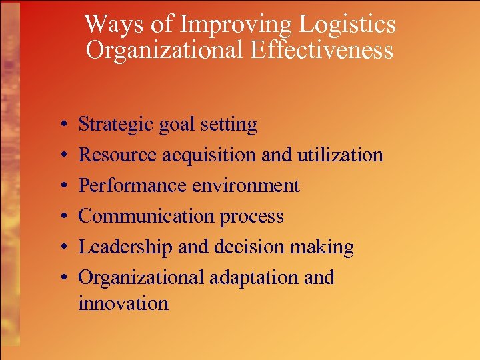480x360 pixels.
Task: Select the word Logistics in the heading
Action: tap(347, 25)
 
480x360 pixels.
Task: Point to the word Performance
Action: tap(133, 185)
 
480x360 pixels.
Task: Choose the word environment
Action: tap(245, 185)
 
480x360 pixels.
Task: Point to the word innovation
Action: tap(123, 304)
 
